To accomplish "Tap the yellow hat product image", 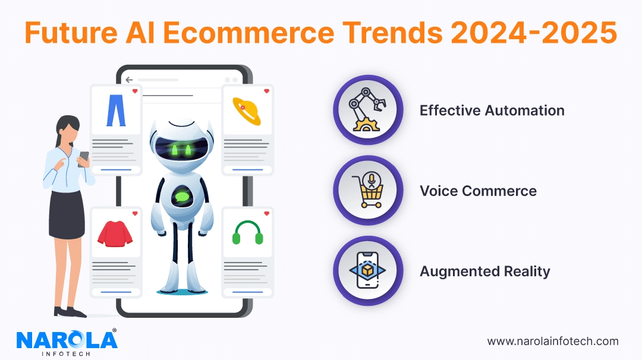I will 247,110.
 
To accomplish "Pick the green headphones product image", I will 247,233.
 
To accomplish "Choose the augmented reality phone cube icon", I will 367,271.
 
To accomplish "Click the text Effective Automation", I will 492,110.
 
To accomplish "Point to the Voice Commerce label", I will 478,191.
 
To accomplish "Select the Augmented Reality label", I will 485,271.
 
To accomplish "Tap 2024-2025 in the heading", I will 533,33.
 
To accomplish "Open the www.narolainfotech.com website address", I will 553,342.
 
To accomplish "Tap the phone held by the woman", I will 84,158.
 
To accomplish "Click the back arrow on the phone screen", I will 130,80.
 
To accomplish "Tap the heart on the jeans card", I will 135,91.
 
